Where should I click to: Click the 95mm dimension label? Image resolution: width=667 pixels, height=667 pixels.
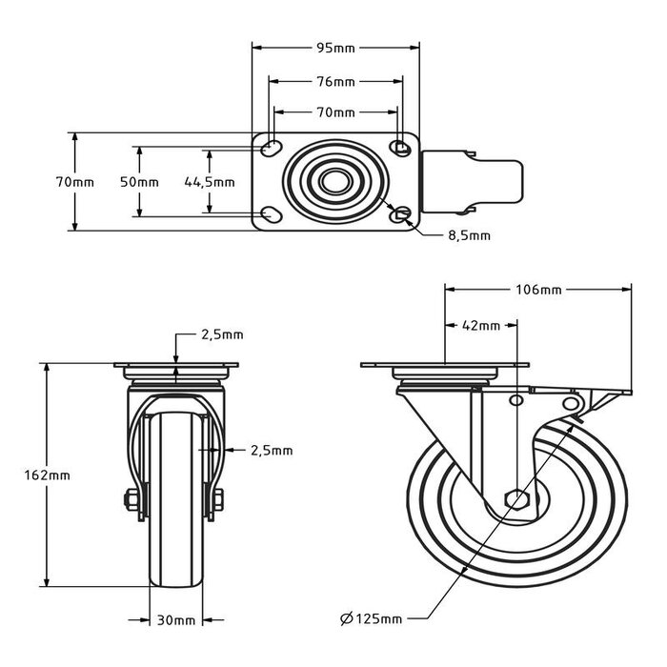coord(335,45)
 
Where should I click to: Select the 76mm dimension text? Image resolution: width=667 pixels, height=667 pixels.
coord(335,81)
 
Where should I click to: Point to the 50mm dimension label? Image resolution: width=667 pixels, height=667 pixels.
coord(146,182)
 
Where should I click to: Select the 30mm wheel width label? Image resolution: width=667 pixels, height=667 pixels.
coord(176,620)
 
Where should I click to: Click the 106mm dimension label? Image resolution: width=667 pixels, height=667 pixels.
coord(540,289)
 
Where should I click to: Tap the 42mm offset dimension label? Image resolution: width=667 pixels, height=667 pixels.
coord(481,325)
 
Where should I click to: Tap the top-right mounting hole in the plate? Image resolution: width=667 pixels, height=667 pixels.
coord(401,148)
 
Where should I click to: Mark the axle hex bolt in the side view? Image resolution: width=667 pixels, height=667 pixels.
coord(515,498)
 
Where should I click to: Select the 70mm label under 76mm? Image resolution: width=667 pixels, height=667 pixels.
coord(335,112)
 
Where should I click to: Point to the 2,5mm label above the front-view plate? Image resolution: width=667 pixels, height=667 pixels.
coord(221,334)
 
